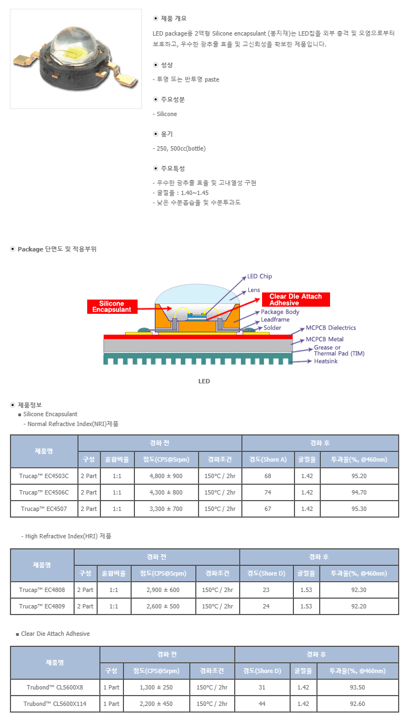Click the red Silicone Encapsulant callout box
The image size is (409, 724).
coord(112,307)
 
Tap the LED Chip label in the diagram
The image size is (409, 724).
coord(259,277)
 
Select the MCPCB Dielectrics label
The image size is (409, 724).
coord(331,327)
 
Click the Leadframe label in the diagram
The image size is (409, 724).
coord(275,320)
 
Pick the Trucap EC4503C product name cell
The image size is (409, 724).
coord(44,476)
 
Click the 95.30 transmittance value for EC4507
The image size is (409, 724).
coord(359,509)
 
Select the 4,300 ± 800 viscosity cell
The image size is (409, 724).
coord(166,492)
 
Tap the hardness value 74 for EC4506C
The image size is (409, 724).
coord(268,492)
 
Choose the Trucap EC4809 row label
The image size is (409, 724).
coord(42,606)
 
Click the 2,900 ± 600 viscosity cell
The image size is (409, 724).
coord(163,590)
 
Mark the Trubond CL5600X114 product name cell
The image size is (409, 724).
coord(55,704)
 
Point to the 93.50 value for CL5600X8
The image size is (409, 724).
coord(357,687)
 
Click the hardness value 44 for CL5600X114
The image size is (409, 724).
coord(262,704)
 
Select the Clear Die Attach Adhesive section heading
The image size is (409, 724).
coord(55,634)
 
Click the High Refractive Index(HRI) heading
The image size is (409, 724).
coord(67,536)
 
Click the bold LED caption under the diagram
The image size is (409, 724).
coord(204,381)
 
